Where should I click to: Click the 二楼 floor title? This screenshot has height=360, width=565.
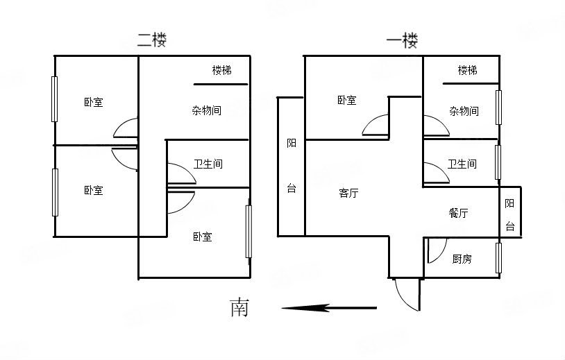point(151,40)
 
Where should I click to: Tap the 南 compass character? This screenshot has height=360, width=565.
point(239,307)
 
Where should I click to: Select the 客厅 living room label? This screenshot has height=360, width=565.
point(348,194)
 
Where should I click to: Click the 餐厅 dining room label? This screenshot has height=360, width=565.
point(458,213)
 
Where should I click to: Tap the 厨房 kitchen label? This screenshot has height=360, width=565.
point(462,259)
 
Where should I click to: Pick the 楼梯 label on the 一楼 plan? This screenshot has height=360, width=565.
point(467,70)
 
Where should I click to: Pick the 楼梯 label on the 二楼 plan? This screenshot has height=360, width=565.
point(222,70)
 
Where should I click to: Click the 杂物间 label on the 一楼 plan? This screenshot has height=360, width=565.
point(463,111)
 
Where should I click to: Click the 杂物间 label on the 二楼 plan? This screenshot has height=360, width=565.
point(206,110)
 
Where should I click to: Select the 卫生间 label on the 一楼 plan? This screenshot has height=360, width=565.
point(462,164)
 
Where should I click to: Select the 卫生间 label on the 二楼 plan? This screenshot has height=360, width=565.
point(208,164)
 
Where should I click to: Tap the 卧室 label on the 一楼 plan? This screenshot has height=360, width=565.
point(347,101)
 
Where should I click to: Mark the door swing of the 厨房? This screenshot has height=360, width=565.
point(436,251)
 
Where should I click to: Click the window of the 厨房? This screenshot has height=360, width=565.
point(498,257)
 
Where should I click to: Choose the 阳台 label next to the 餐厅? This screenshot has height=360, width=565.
point(510,214)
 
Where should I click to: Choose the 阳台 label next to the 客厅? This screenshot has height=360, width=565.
point(291,166)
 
